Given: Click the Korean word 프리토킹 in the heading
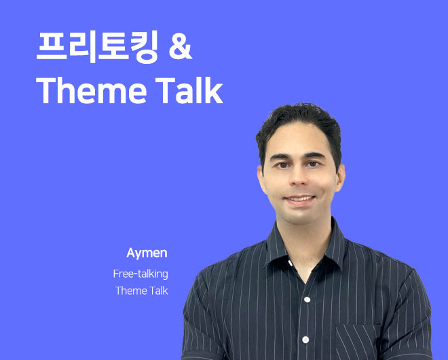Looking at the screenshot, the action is pyautogui.click(x=97, y=47).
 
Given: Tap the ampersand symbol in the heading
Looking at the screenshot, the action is pyautogui.click(x=181, y=47).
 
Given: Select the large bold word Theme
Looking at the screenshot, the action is pyautogui.click(x=92, y=90).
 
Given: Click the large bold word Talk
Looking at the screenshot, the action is pyautogui.click(x=189, y=90).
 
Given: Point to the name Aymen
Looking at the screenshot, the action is pyautogui.click(x=147, y=253).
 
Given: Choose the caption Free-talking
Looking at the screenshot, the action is pyautogui.click(x=141, y=274).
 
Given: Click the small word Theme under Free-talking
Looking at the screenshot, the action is pyautogui.click(x=128, y=291).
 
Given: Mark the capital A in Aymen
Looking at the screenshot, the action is pyautogui.click(x=130, y=253).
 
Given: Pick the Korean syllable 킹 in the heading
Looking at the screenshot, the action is pyautogui.click(x=145, y=47).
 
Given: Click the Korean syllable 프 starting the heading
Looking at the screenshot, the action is pyautogui.click(x=52, y=46).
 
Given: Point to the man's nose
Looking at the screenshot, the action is pyautogui.click(x=298, y=177).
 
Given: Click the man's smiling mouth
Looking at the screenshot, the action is pyautogui.click(x=299, y=199).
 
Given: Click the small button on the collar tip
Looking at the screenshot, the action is pyautogui.click(x=291, y=263).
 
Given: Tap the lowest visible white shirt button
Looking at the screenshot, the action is pyautogui.click(x=305, y=340).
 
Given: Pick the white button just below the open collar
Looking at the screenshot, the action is pyautogui.click(x=307, y=300).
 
